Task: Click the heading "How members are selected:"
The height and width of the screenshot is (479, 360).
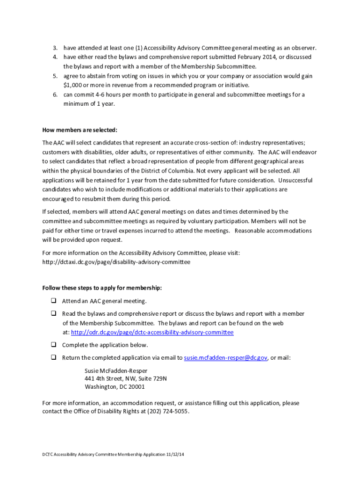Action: click(x=80, y=130)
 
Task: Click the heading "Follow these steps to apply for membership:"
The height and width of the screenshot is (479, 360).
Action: click(x=102, y=288)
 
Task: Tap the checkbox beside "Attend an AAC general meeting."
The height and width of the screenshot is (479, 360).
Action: click(x=54, y=301)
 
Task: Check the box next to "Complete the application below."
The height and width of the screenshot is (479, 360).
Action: click(x=54, y=345)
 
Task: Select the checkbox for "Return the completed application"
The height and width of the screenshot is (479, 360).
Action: click(x=54, y=357)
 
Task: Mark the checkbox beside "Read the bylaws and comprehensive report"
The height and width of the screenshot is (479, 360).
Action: click(x=54, y=313)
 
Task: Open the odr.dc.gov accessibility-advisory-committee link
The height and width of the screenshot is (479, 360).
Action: click(x=152, y=333)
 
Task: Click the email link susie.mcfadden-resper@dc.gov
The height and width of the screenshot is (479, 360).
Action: click(x=226, y=358)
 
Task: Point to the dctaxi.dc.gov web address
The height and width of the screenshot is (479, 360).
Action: click(x=116, y=262)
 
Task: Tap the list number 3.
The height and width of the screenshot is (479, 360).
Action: click(x=55, y=48)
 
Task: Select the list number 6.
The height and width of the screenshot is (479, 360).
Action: click(x=55, y=94)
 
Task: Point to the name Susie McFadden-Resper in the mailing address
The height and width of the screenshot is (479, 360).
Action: click(x=116, y=370)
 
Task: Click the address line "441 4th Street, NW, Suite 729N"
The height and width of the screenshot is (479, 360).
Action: click(x=125, y=378)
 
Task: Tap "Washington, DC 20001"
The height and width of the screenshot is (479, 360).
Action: click(x=115, y=387)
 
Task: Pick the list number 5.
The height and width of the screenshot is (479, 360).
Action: click(x=55, y=76)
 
